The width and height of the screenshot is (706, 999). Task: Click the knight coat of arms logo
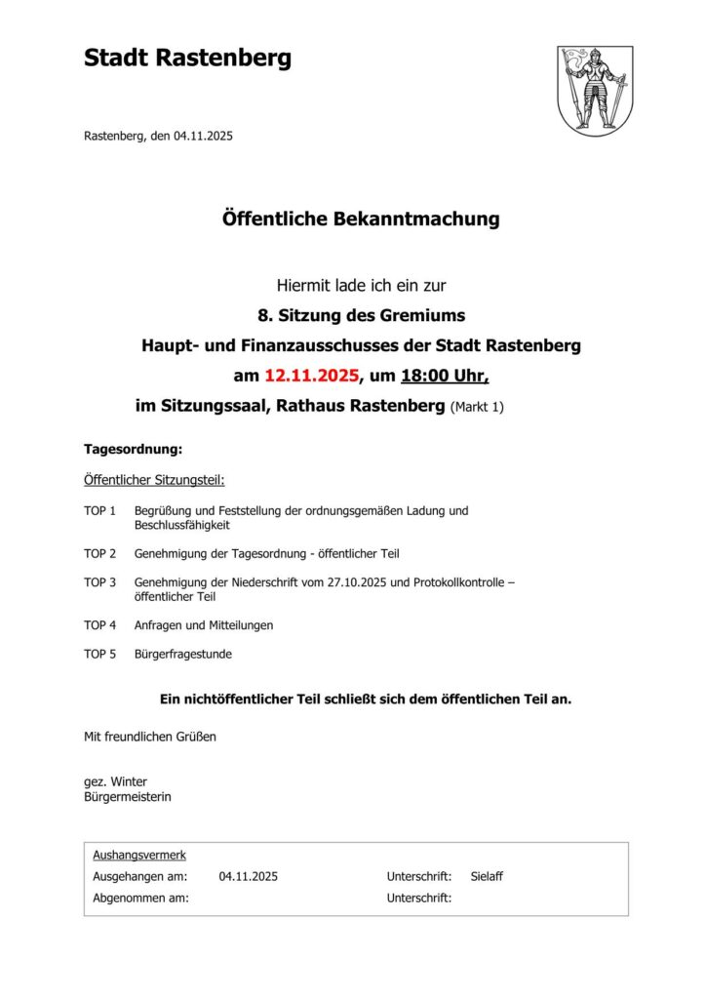click(x=595, y=91)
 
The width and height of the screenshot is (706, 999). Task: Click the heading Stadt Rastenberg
click(x=187, y=59)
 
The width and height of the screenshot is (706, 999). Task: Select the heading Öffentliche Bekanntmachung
click(x=361, y=219)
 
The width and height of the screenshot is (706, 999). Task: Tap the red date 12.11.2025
click(x=311, y=376)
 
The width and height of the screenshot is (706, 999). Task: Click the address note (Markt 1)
click(x=477, y=406)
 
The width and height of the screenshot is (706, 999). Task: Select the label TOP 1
click(x=99, y=510)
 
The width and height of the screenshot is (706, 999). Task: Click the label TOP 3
click(x=99, y=582)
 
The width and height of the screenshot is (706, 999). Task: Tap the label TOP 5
click(x=99, y=654)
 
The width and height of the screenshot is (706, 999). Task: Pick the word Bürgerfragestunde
click(x=183, y=654)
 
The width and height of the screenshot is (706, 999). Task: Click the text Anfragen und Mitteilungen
click(x=204, y=624)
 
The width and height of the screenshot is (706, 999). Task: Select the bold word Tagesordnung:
click(x=134, y=450)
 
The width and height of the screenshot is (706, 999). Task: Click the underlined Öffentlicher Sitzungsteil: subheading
click(x=154, y=480)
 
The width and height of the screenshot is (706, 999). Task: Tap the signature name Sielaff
click(x=487, y=876)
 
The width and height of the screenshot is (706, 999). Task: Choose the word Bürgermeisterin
click(x=128, y=797)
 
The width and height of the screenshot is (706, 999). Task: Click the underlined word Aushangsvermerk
click(x=139, y=855)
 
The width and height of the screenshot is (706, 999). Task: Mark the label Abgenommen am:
click(x=140, y=898)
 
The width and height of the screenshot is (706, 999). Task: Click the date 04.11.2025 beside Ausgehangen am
click(x=249, y=876)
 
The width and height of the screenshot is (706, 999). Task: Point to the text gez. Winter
click(x=115, y=781)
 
